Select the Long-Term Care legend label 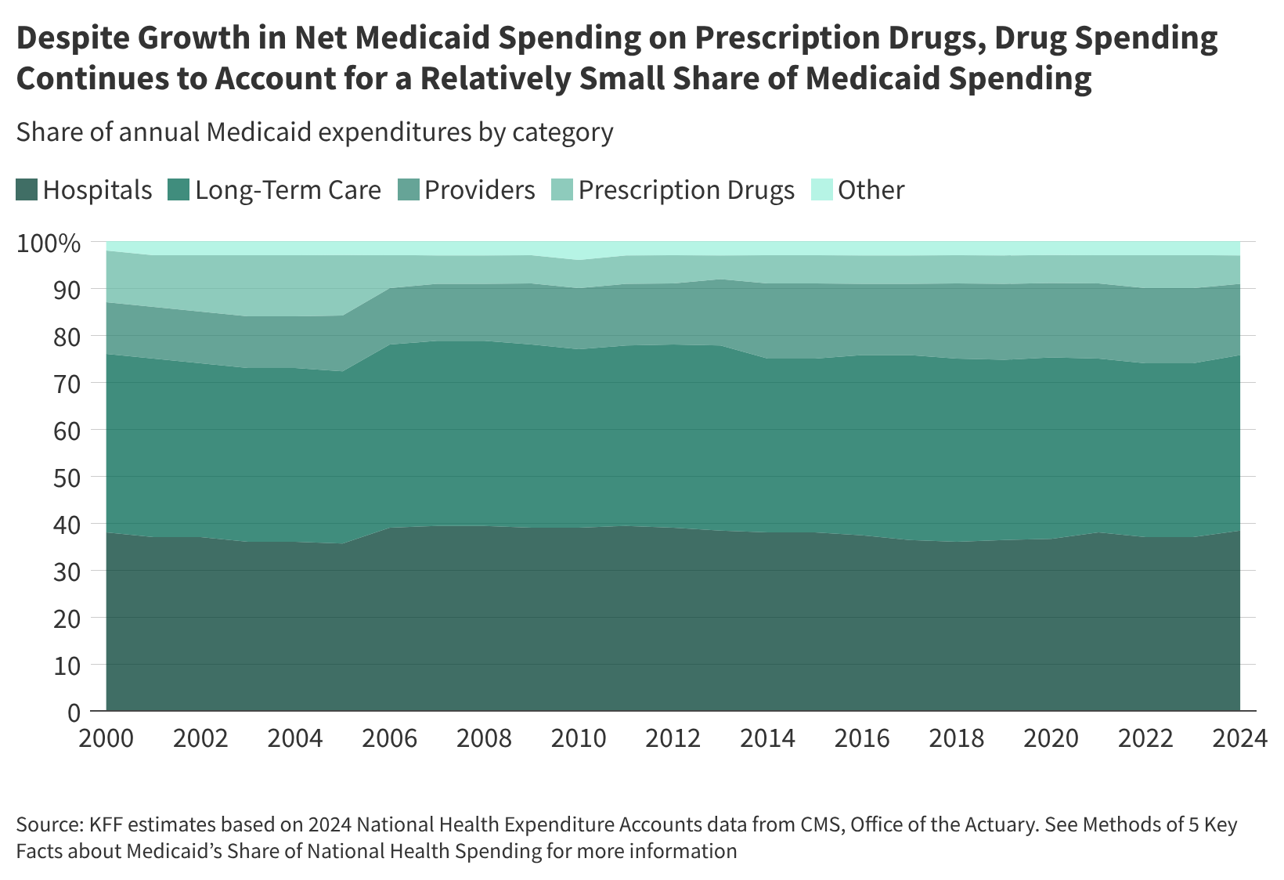pyautogui.click(x=287, y=190)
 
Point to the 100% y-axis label pyautogui.click(x=49, y=243)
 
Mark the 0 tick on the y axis pyautogui.click(x=74, y=712)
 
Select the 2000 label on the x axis pyautogui.click(x=106, y=738)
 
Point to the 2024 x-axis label pyautogui.click(x=1240, y=738)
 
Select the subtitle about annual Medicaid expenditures pyautogui.click(x=314, y=132)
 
